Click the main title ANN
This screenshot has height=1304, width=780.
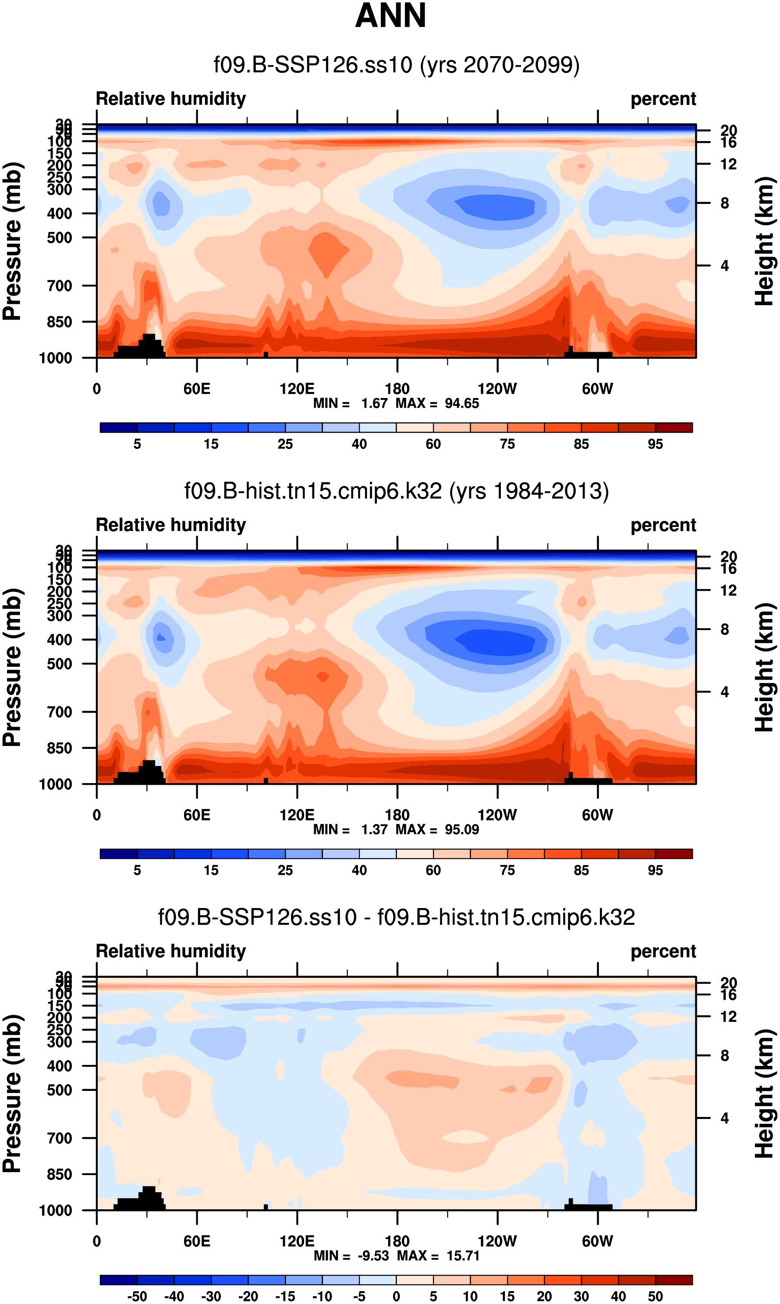(390, 16)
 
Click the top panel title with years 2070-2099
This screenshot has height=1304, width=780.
(396, 65)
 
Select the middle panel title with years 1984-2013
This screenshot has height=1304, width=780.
(396, 491)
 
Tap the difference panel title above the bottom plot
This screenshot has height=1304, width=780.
(396, 916)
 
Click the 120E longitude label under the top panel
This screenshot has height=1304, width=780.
(297, 388)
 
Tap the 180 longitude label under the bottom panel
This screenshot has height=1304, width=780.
(397, 1241)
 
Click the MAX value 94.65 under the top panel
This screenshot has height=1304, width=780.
(461, 403)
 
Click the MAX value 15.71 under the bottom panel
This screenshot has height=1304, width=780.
(463, 1256)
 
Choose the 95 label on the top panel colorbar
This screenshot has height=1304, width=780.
(655, 444)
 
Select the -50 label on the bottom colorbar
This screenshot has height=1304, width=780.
(137, 1296)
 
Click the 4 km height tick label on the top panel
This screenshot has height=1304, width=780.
(724, 266)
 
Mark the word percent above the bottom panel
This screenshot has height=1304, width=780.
(663, 951)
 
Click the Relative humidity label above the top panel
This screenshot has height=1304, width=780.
(170, 99)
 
